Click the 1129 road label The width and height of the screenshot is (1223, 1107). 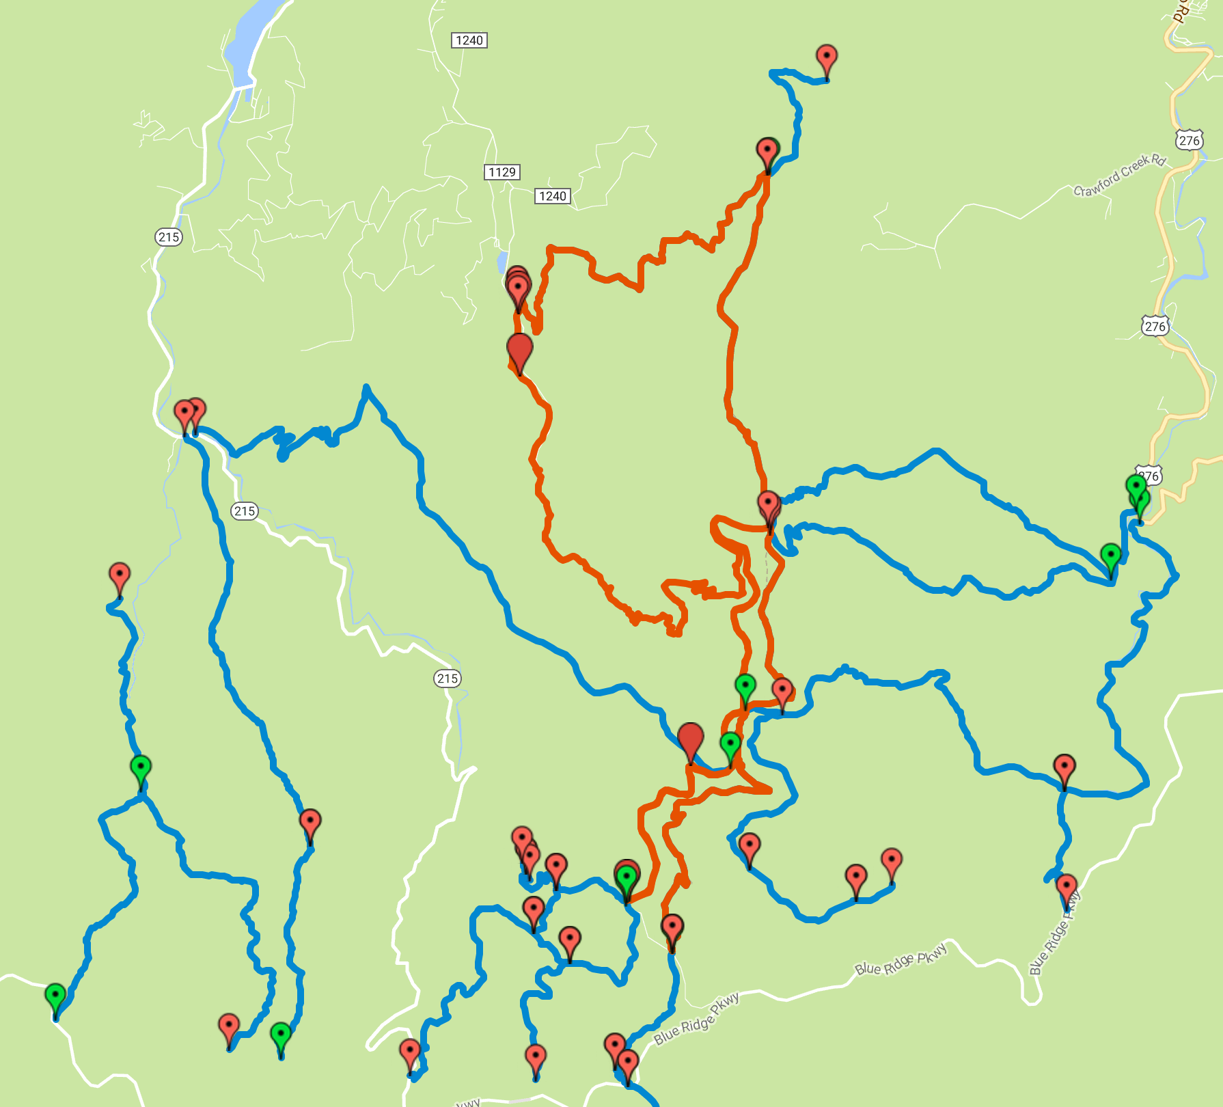coord(502,172)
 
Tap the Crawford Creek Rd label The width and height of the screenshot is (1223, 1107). coord(1119,176)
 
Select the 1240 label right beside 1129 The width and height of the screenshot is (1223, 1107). coord(552,196)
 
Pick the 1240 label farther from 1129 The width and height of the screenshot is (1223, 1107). coord(469,40)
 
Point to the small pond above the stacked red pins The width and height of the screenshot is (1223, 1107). coord(502,262)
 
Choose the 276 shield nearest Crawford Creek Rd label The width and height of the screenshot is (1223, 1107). coord(1189,141)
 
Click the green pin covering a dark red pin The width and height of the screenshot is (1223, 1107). coord(627,877)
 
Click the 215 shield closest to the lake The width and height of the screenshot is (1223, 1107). coord(169,237)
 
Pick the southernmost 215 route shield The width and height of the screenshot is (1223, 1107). coord(448,679)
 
